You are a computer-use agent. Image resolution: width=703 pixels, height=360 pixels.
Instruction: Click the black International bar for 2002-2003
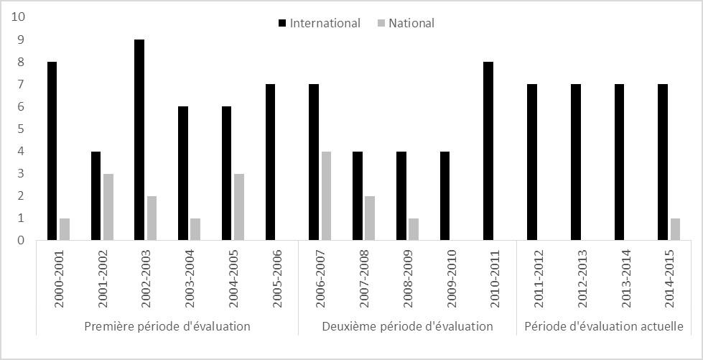click(139, 139)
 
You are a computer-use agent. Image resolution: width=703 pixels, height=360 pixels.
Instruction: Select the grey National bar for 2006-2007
click(325, 195)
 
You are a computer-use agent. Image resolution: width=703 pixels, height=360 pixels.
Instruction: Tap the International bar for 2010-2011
click(488, 151)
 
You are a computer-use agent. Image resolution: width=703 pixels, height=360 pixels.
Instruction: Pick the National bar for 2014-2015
click(674, 229)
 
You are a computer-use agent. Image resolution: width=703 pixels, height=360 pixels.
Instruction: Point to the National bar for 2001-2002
click(108, 206)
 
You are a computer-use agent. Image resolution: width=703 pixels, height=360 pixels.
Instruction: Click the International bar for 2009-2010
click(444, 195)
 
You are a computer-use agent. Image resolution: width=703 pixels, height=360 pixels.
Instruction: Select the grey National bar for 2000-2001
click(65, 229)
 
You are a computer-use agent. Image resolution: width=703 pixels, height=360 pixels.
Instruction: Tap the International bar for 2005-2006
click(270, 162)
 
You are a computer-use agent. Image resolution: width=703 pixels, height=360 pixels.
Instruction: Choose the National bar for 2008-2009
click(413, 229)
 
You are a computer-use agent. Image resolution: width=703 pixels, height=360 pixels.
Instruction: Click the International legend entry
click(324, 23)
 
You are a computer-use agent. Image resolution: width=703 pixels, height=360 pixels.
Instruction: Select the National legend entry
click(411, 23)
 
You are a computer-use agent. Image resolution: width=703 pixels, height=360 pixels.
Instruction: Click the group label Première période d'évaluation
click(167, 326)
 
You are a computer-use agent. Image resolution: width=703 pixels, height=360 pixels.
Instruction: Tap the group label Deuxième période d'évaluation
click(407, 326)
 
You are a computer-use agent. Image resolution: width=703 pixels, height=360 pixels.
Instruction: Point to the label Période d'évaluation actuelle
click(603, 326)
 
